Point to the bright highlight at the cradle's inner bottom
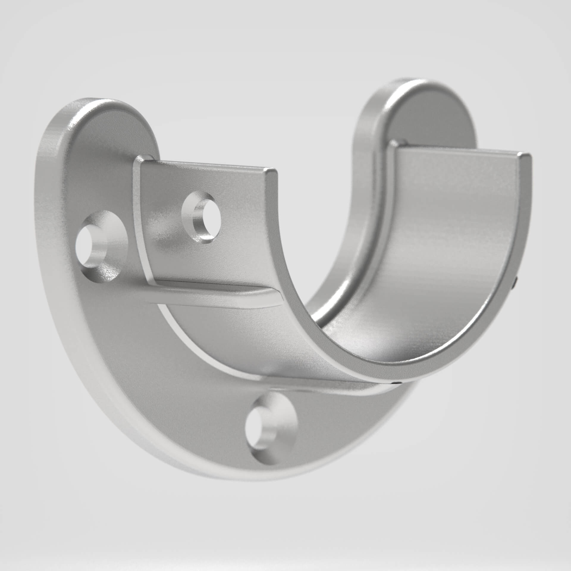click(366, 336)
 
